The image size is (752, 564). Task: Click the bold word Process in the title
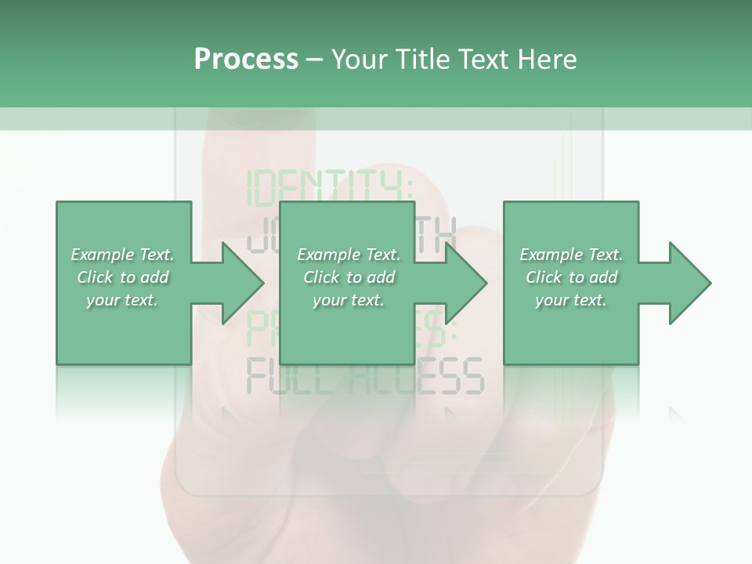click(x=246, y=60)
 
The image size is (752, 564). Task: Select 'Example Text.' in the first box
click(x=122, y=255)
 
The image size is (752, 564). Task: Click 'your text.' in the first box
click(x=122, y=300)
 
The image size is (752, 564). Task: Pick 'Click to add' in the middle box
click(x=349, y=277)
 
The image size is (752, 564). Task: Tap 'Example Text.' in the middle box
click(x=349, y=255)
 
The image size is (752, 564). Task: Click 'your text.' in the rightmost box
click(x=571, y=300)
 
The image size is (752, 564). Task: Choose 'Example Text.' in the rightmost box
click(x=571, y=255)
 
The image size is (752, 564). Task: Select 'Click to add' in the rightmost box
click(x=571, y=277)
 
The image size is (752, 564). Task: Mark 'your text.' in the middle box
click(x=349, y=300)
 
